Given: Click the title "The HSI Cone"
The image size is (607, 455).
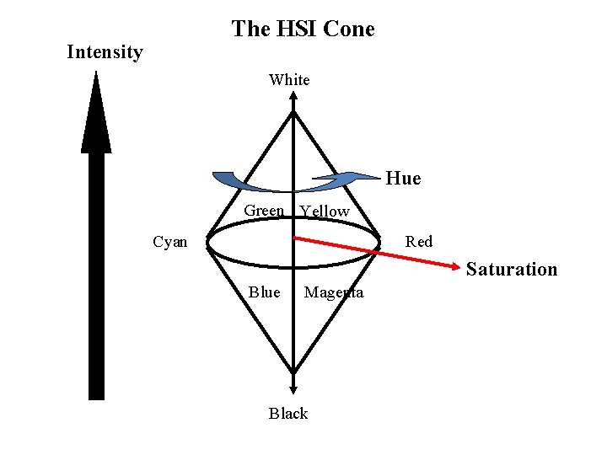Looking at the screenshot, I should coord(303,29).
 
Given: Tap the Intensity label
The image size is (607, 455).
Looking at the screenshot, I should coord(105,52).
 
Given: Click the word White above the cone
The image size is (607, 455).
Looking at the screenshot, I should coord(289,80).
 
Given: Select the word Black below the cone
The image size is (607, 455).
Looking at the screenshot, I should coord(288,414).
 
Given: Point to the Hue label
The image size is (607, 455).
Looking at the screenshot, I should coord(403,179).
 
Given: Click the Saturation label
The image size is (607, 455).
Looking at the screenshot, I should coord(511,270).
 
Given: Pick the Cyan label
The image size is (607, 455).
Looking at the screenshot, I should coord(170,243).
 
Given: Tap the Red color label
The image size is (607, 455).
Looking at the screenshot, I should coord(418,243).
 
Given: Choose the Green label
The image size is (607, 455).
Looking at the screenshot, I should coord(264,211).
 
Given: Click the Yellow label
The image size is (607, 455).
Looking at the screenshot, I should coord(325,211).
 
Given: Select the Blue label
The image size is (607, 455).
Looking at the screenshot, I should coord(264,292).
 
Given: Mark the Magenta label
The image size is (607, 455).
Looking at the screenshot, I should coord(334,292).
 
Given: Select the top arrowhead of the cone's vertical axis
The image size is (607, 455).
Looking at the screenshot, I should coord(293,96).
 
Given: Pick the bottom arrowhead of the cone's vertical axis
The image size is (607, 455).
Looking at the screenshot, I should coord(293,389).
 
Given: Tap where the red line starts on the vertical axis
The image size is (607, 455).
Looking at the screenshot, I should coord(293,238).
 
